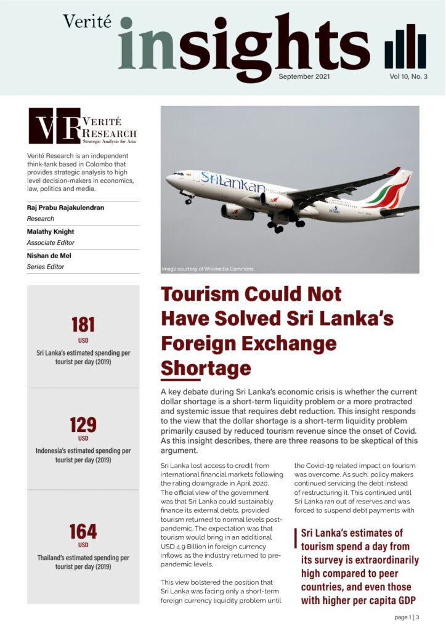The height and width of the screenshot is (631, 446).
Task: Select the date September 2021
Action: pos(304,76)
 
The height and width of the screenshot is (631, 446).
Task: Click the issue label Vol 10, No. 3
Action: pos(407,76)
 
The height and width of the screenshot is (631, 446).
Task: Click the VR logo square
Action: pos(55,126)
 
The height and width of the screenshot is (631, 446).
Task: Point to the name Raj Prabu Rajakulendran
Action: pos(66,208)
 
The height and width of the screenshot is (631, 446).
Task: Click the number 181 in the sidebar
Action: pos(83,325)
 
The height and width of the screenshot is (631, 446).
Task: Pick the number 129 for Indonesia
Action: pos(83,425)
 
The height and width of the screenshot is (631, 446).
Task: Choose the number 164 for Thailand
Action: pos(83,531)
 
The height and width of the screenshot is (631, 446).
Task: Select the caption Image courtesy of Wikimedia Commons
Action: pos(207,269)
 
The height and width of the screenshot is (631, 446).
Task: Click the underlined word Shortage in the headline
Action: pos(206,368)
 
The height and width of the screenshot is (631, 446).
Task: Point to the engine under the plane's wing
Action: pos(276,201)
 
